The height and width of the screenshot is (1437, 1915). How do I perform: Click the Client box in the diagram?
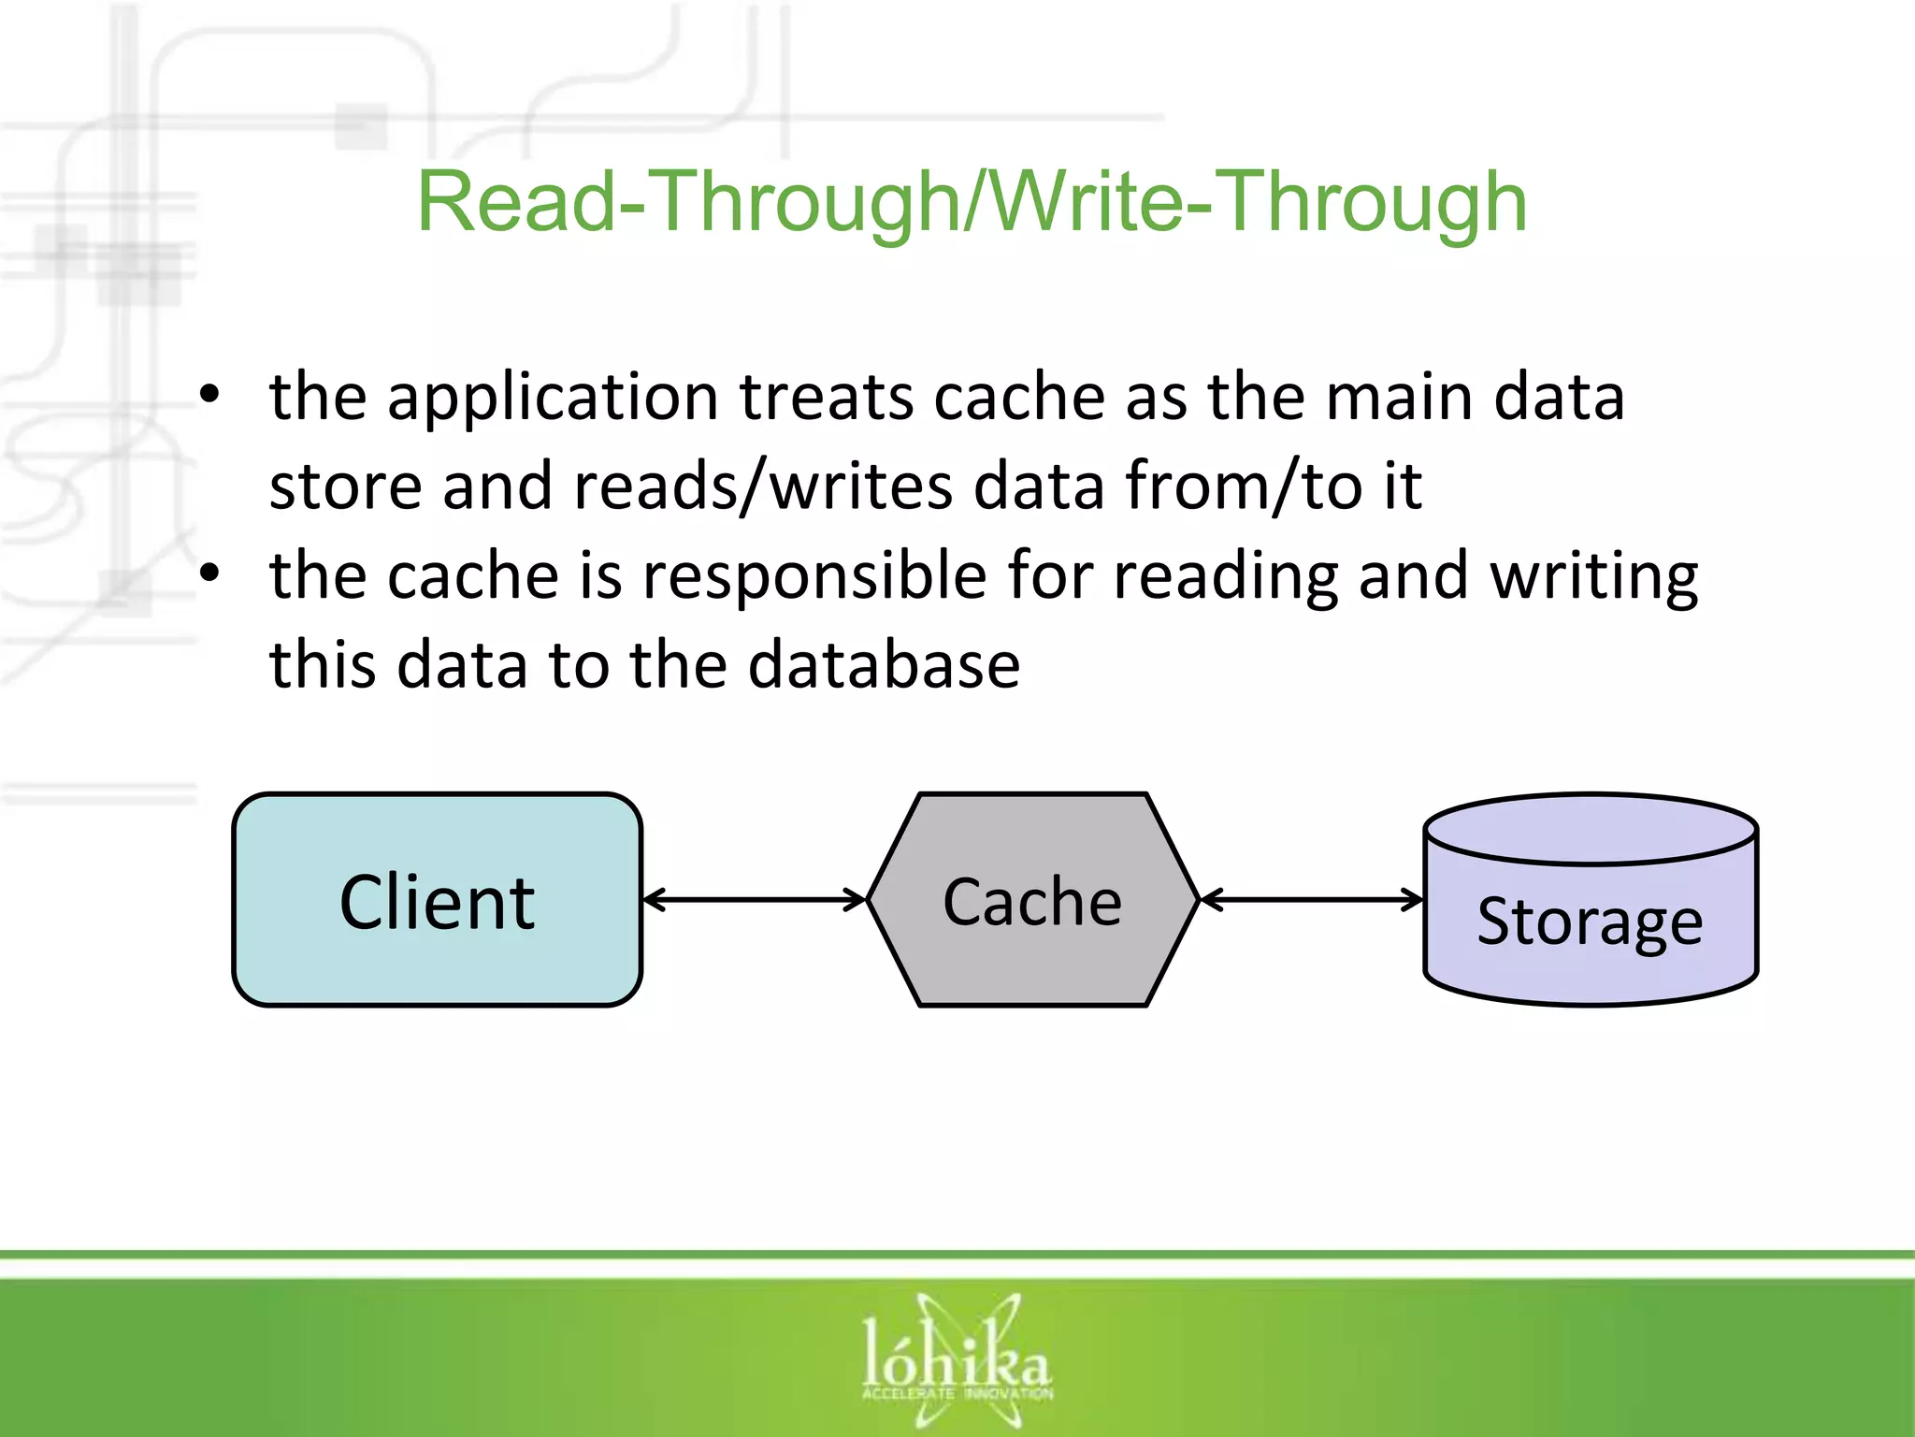point(437,900)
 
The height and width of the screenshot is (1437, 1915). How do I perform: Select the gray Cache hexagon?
point(1032,900)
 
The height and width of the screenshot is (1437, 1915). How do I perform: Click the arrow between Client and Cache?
point(755,900)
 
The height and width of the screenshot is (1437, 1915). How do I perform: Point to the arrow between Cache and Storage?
point(1311,900)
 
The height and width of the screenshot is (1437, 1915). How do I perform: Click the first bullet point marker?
point(209,397)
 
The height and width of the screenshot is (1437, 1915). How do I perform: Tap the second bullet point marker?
point(209,574)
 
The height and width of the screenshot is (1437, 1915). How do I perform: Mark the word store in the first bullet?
point(345,486)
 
